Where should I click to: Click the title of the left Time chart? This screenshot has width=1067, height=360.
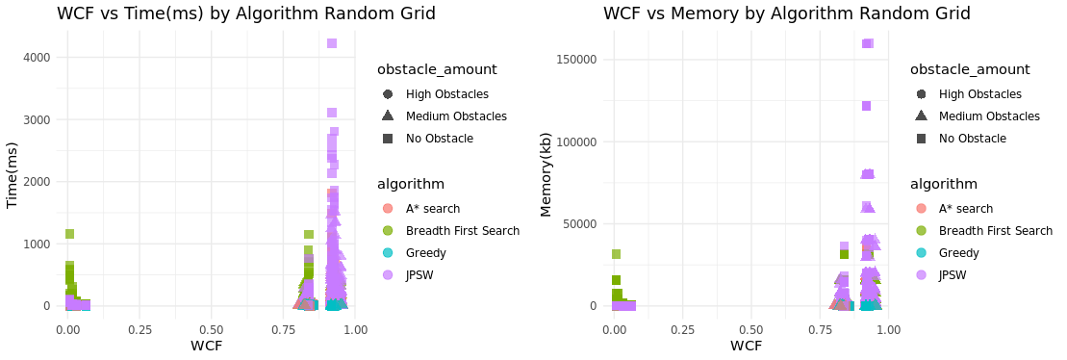pos(246,13)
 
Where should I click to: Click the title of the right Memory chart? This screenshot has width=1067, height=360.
pos(786,13)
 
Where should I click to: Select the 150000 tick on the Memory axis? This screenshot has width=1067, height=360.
pos(577,60)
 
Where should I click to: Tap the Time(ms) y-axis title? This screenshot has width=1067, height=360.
pos(13,174)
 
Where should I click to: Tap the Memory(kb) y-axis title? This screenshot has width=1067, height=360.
pos(546,174)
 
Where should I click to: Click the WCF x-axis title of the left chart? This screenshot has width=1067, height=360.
pos(211,345)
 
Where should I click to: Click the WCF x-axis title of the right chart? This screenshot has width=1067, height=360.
pos(747,345)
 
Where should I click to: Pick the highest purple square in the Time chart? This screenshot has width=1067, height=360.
pos(332,43)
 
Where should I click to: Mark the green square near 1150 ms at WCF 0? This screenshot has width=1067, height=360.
pos(69,234)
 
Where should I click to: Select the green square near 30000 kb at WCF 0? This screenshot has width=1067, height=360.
pos(616,254)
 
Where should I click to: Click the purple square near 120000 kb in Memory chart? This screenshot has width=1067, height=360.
pos(866,106)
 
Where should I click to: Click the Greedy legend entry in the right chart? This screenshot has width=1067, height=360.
pos(958,253)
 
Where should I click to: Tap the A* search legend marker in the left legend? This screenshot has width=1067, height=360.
pos(388,209)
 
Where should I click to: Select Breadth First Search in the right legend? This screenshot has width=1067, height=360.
pos(995,231)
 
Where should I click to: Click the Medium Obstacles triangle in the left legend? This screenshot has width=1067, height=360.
pos(388,116)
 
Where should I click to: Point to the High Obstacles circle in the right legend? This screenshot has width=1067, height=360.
pos(921,94)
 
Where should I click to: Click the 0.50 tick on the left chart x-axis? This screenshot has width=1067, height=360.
pos(211,329)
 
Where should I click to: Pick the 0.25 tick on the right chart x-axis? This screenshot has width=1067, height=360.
pos(682,329)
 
